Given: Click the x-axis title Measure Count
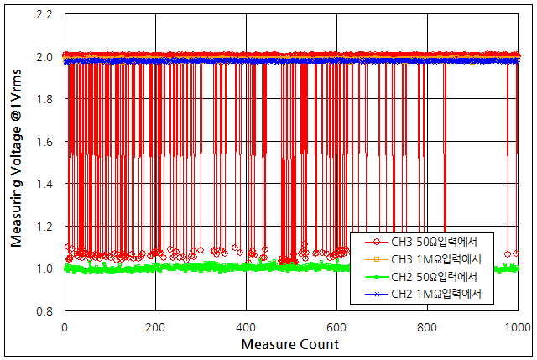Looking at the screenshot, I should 290,345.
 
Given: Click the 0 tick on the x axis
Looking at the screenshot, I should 65,327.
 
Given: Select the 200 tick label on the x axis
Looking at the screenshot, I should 155,327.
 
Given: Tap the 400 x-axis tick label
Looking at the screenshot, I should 246,327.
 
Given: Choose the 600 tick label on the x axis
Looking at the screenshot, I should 336,327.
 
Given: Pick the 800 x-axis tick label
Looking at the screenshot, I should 427,327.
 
